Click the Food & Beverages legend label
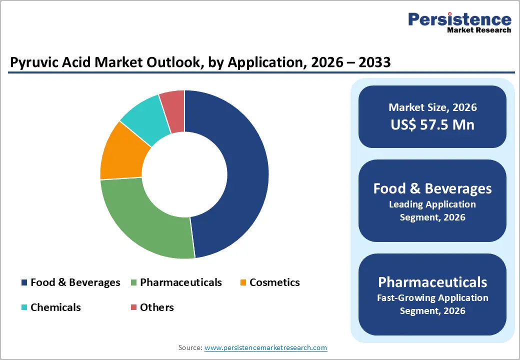click(75, 282)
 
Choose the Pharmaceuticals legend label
click(180, 282)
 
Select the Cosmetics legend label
click(274, 282)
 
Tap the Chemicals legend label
click(55, 307)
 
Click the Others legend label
click(157, 307)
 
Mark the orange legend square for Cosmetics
click(243, 283)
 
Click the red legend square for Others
click(133, 307)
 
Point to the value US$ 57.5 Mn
click(432, 124)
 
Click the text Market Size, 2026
click(432, 107)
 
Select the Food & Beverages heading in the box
click(432, 188)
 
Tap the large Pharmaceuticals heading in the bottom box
click(432, 282)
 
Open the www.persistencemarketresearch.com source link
click(265, 347)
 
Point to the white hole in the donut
click(184, 174)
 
